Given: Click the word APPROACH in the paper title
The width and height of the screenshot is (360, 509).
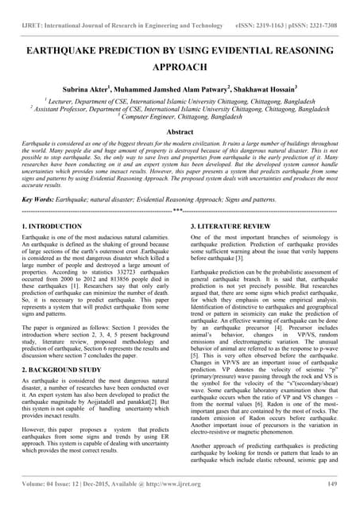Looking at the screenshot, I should point(180,69).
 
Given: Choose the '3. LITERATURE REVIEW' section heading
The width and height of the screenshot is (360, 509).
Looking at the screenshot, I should point(233,227).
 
